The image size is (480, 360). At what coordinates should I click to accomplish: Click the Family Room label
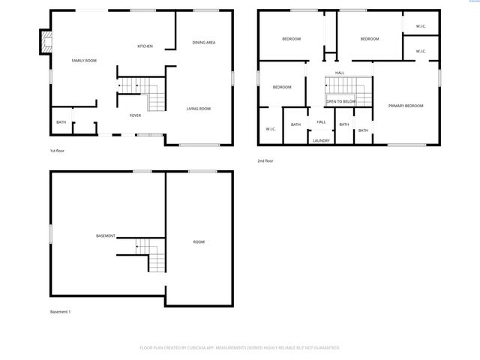84,60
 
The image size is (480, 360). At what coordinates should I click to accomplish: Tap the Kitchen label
145,46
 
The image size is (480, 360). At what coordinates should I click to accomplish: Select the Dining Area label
204,42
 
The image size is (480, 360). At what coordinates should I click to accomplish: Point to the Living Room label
199,109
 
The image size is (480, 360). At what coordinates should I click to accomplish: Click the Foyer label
135,115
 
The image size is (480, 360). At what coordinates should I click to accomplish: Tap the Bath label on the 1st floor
61,122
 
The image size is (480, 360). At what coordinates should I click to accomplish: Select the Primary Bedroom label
406,106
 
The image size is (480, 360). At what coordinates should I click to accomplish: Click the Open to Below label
341,100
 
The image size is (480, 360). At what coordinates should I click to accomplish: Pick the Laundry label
321,140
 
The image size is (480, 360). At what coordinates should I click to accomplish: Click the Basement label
106,236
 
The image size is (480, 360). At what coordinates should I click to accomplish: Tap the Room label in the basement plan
199,241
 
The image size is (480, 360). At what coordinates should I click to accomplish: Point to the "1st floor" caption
57,151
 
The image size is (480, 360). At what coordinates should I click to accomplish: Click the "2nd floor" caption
265,160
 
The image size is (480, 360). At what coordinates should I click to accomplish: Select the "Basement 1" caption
60,312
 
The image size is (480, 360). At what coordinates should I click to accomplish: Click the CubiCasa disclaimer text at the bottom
240,348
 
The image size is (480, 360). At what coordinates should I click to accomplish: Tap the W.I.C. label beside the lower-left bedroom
270,128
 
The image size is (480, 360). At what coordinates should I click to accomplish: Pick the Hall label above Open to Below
340,73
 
